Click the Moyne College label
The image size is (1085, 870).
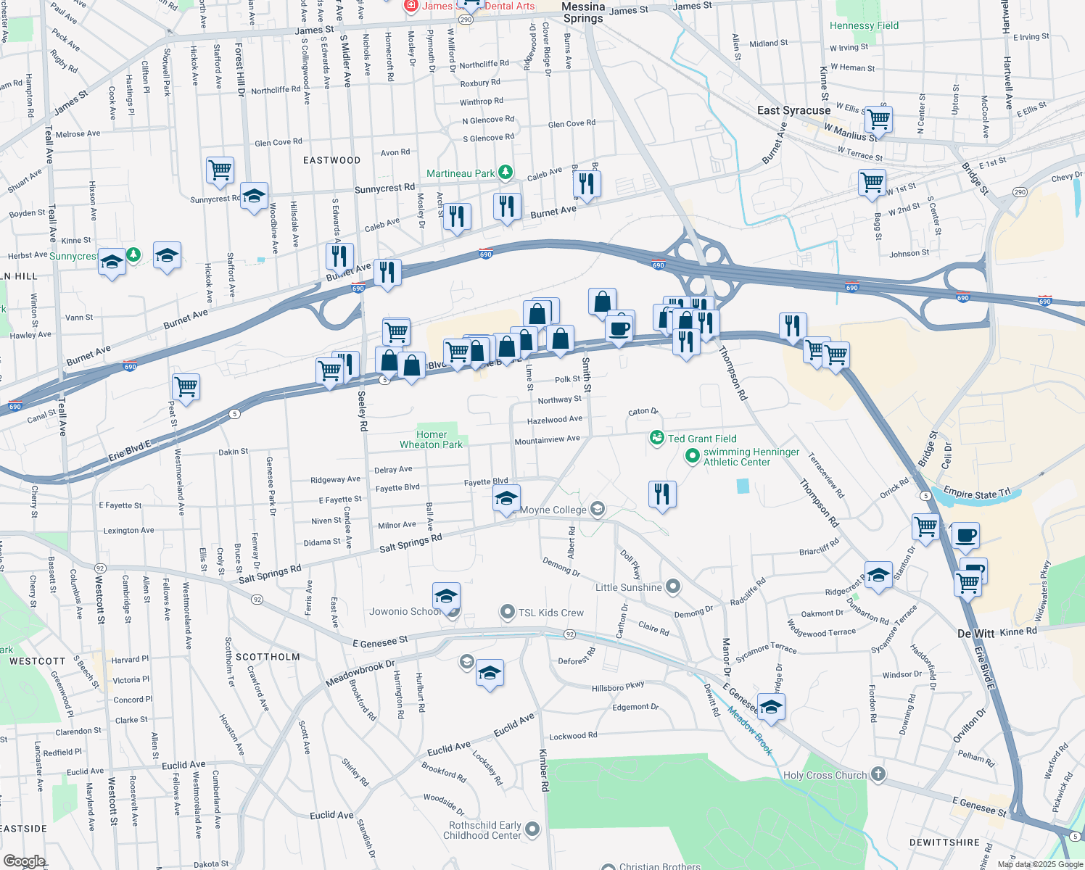(x=553, y=510)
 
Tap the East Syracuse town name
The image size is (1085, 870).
(x=793, y=110)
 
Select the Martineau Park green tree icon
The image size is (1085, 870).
(x=506, y=173)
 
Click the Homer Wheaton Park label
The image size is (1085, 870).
(x=431, y=439)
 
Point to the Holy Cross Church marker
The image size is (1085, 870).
(x=878, y=774)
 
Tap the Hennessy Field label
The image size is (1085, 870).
(x=864, y=25)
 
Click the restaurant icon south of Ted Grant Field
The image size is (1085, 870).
(x=662, y=494)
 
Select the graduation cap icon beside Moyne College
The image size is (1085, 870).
(x=506, y=498)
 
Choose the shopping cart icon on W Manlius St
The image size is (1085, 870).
(x=878, y=118)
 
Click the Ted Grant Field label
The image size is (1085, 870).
(x=701, y=439)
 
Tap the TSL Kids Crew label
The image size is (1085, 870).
(x=550, y=613)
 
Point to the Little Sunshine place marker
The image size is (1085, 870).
(x=673, y=587)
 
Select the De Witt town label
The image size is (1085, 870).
(x=975, y=633)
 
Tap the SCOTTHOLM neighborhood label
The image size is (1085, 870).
(x=268, y=657)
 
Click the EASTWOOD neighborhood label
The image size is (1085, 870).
(x=331, y=160)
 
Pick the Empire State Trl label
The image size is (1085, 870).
(x=976, y=494)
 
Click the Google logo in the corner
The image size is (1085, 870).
(x=24, y=861)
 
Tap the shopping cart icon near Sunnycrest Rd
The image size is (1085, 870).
(x=220, y=170)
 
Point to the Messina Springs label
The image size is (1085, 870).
(x=583, y=12)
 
